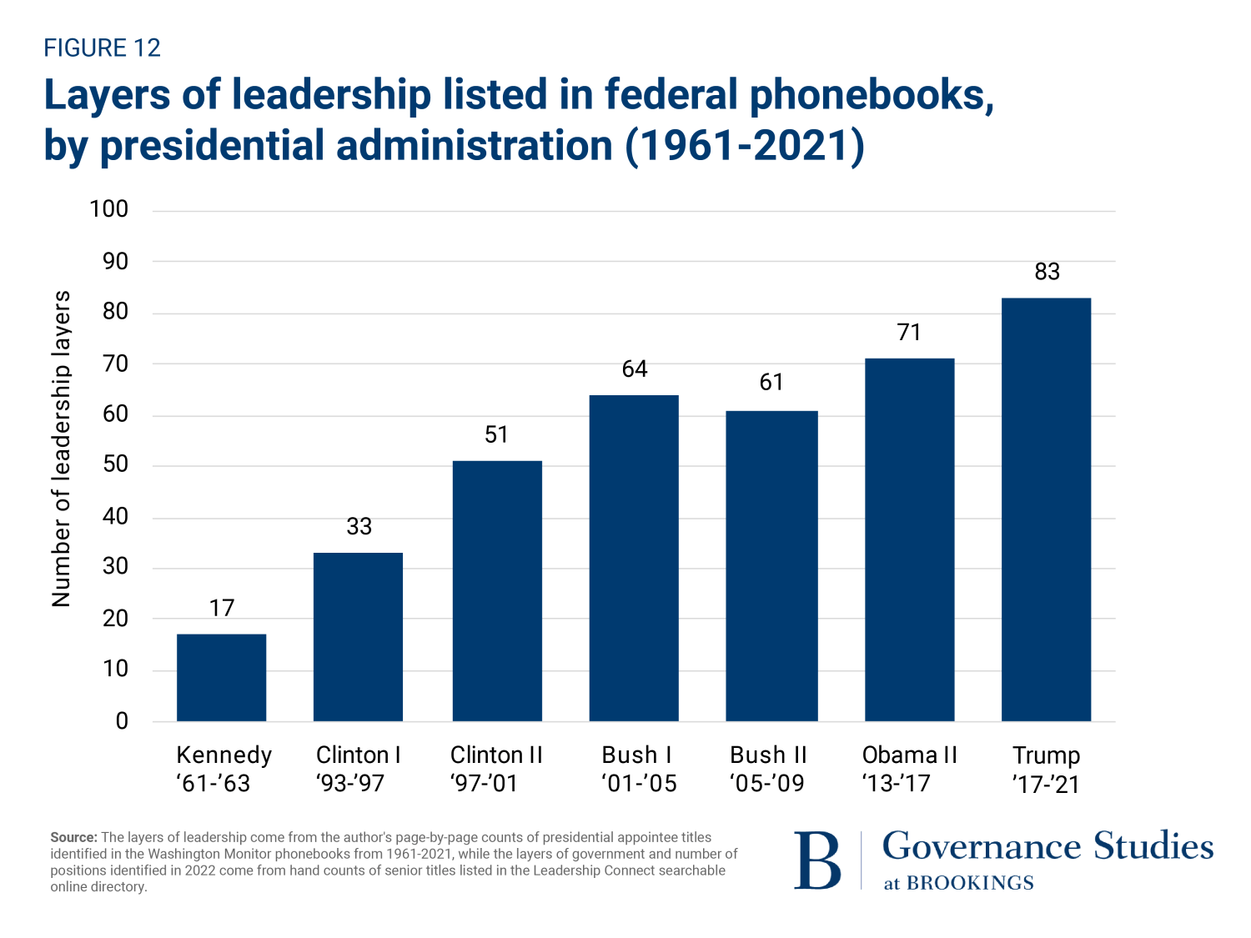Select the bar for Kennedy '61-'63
point(221,677)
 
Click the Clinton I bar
point(358,636)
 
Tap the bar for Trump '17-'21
point(1046,509)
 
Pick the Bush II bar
point(771,565)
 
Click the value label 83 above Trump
point(1047,272)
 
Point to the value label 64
point(635,369)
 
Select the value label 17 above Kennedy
point(222,608)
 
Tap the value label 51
point(496,435)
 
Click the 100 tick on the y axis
point(109,209)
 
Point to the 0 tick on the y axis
point(122,721)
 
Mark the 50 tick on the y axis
point(115,465)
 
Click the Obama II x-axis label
point(909,769)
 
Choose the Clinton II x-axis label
point(496,769)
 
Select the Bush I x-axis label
point(638,769)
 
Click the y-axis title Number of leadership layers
point(61,449)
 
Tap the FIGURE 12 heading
point(102,48)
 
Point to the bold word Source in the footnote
point(74,837)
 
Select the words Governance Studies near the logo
point(1048,846)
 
